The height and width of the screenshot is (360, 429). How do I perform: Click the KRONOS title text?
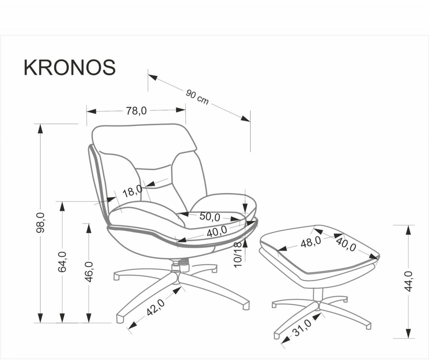click(x=70, y=68)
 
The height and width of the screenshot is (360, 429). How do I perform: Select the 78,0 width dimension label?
click(x=136, y=111)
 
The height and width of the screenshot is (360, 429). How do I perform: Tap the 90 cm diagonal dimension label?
click(x=197, y=97)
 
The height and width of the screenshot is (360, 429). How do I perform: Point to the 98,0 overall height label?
click(x=40, y=223)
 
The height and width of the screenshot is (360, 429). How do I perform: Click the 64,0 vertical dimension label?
click(x=62, y=262)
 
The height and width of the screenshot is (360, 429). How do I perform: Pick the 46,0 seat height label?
click(x=89, y=272)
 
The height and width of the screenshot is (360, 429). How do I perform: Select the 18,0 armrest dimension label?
click(x=133, y=191)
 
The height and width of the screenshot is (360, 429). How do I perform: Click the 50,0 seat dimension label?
click(x=210, y=217)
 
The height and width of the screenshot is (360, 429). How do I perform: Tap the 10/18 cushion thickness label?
click(x=238, y=255)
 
